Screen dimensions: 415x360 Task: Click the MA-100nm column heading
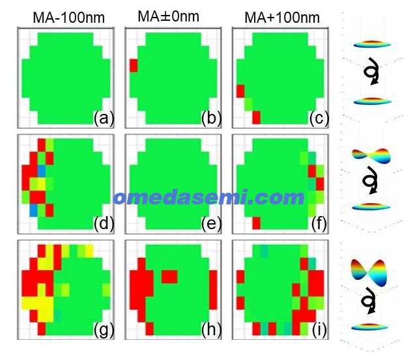pyautogui.click(x=69, y=18)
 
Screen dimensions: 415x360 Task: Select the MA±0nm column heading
pyautogui.click(x=169, y=16)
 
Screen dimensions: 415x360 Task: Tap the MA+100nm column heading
pyautogui.click(x=282, y=18)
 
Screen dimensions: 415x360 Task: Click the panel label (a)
pyautogui.click(x=104, y=118)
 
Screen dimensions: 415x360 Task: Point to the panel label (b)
pyautogui.click(x=212, y=118)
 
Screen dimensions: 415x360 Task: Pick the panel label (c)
pyautogui.click(x=319, y=118)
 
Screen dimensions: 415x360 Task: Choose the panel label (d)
pyautogui.click(x=104, y=223)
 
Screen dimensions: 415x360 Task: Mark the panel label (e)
pyautogui.click(x=212, y=223)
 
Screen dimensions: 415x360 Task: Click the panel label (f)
pyautogui.click(x=319, y=223)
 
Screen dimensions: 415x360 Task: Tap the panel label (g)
pyautogui.click(x=104, y=329)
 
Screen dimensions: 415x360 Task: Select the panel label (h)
pyautogui.click(x=212, y=329)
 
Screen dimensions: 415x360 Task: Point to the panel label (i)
pyautogui.click(x=319, y=329)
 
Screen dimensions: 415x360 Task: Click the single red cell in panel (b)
pyautogui.click(x=134, y=66)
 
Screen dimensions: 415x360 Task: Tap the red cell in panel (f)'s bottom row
pyautogui.click(x=256, y=223)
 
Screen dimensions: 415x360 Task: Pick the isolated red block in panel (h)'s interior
pyautogui.click(x=169, y=277)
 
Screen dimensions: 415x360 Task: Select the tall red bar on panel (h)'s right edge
pyautogui.click(x=213, y=290)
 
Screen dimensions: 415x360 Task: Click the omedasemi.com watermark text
pyautogui.click(x=209, y=198)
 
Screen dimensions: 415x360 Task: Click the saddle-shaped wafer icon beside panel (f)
pyautogui.click(x=371, y=156)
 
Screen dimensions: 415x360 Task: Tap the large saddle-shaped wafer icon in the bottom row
pyautogui.click(x=369, y=273)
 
